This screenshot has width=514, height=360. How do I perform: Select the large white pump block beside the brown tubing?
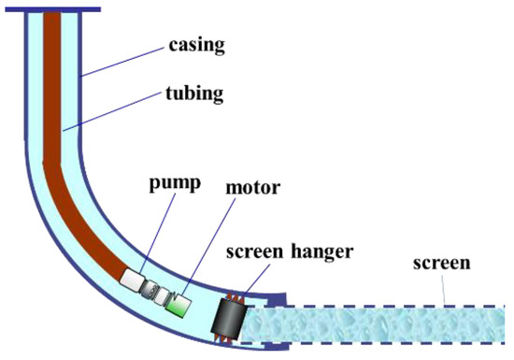point(132,278)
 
